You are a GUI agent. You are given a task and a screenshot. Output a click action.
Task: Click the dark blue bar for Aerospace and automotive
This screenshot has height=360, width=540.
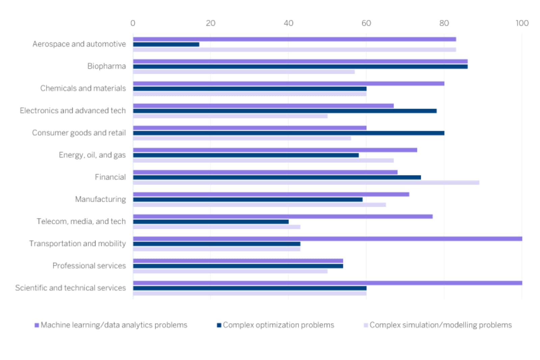pos(166,45)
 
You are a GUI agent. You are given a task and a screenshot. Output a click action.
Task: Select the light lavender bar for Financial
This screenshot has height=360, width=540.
pos(306,183)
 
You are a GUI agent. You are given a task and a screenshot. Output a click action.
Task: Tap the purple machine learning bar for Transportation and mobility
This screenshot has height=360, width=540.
pos(327,239)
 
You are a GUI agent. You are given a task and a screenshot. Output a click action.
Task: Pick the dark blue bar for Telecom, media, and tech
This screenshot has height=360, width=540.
pos(211,222)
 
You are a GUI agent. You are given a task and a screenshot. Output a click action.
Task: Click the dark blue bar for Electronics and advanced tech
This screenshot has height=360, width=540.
pos(285,111)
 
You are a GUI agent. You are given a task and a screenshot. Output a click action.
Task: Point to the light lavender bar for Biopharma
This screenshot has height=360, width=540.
pos(244,72)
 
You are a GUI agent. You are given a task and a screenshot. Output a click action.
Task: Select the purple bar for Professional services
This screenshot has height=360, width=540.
pos(238,261)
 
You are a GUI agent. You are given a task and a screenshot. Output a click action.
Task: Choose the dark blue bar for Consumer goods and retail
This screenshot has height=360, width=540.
pos(289,133)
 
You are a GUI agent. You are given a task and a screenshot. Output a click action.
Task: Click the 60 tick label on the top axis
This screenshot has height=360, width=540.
pos(366,23)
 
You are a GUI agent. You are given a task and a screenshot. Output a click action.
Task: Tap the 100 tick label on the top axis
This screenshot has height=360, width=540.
pos(522,23)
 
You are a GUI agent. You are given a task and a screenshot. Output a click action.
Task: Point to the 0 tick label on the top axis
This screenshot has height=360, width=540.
pos(133,23)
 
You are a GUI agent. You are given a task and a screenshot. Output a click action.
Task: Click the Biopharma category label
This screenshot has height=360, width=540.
pos(106,66)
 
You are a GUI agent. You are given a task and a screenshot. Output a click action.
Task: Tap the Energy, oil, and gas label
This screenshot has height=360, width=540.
pos(92,155)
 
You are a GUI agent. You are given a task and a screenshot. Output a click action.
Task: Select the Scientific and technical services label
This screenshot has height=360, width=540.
pos(70,288)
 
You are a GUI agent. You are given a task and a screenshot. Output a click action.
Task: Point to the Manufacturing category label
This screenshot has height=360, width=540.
pos(100,199)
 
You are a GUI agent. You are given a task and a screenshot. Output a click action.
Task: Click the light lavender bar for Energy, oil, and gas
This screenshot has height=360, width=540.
pos(263,161)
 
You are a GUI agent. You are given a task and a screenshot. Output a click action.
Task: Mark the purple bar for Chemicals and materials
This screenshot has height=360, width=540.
pos(289,83)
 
